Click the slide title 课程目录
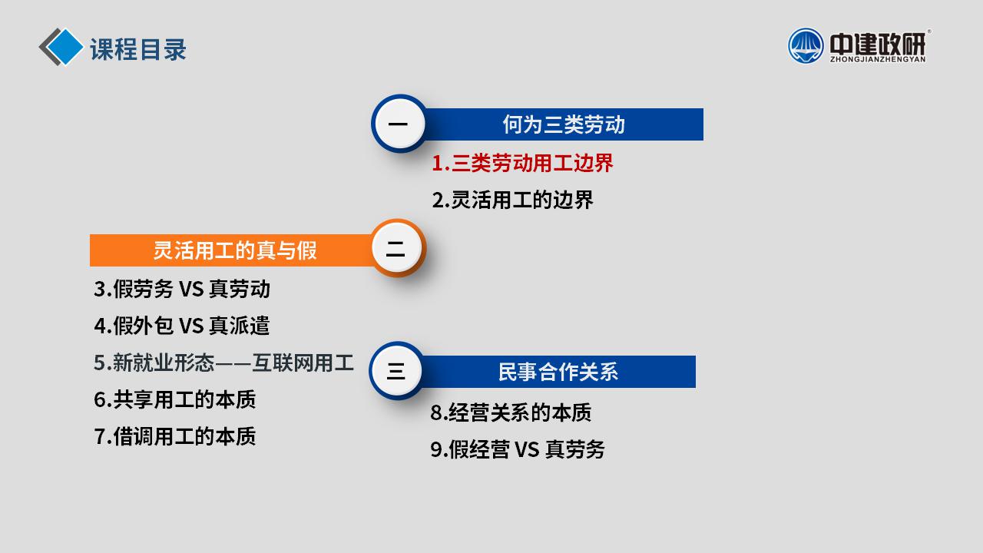pos(137,49)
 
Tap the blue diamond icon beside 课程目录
pos(65,47)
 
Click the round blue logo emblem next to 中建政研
pos(806,45)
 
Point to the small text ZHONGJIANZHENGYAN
pos(878,59)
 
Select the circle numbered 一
pos(399,124)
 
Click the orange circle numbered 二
pos(398,248)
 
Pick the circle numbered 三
pos(396,371)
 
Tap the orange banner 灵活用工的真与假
pos(233,250)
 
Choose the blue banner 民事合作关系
pos(558,372)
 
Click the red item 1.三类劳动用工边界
pos(522,164)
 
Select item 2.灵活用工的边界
pos(512,200)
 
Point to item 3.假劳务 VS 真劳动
pos(182,290)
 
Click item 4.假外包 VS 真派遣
pos(182,326)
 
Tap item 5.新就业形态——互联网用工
pos(223,363)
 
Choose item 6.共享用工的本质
pos(174,400)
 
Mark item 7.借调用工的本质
pos(174,437)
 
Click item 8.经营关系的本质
pos(511,412)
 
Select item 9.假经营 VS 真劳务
pos(518,449)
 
